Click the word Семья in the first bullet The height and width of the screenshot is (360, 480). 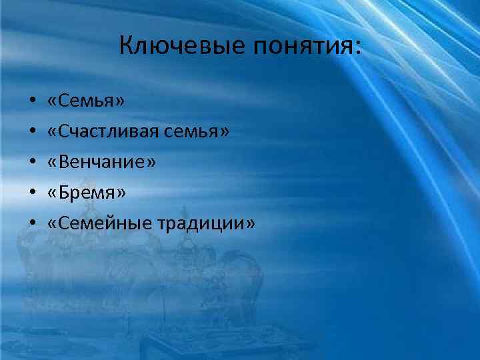coord(86,102)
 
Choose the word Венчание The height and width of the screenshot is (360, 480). coord(102,163)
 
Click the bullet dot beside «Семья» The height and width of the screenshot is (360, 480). coord(32,103)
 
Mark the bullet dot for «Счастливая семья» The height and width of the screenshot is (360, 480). coord(32,133)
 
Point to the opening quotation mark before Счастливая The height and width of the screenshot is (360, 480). coord(53,133)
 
